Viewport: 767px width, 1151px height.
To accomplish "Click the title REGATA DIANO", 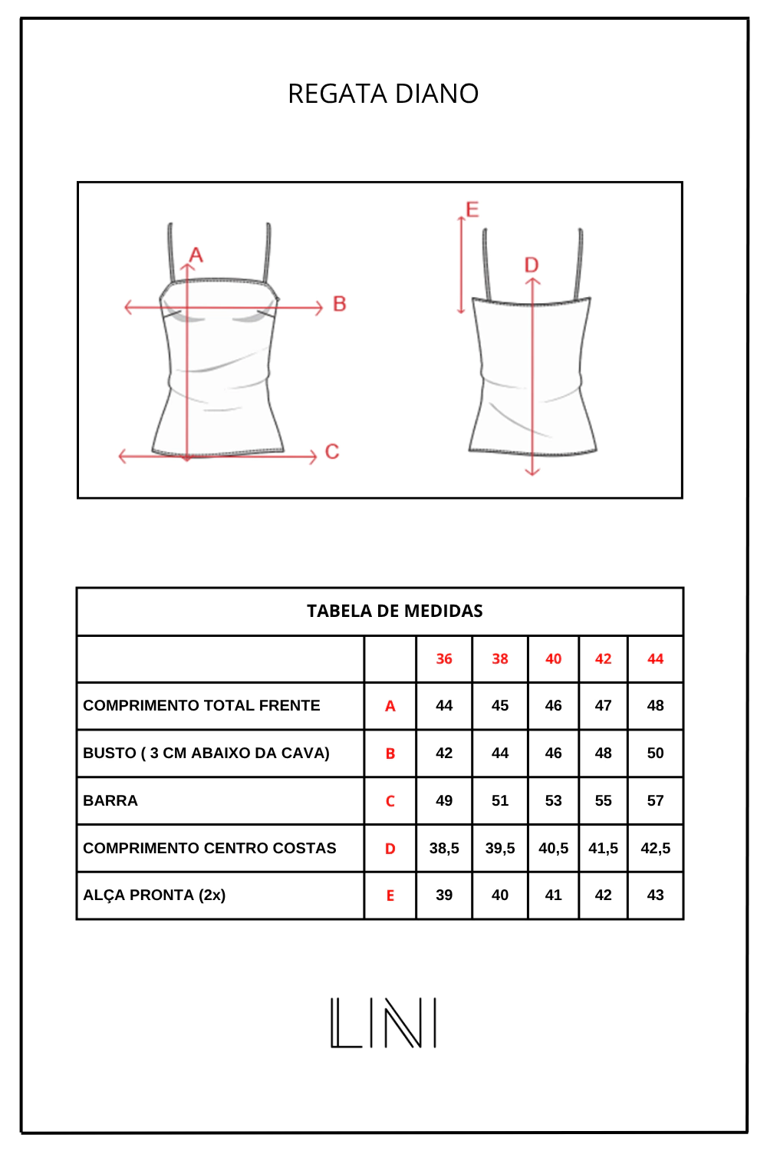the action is (x=383, y=94).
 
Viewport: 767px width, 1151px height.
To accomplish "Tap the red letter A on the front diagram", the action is (x=196, y=255).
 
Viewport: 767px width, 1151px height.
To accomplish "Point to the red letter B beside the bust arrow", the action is (x=340, y=304).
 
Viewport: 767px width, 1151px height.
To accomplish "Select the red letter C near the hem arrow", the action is (x=332, y=452).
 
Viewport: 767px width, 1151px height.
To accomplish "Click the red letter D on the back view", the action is (x=532, y=265).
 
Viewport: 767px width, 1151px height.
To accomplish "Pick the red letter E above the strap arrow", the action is (x=472, y=209).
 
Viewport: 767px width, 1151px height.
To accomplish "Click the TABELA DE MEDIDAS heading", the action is (x=394, y=611).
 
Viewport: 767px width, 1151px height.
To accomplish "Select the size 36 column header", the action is (x=444, y=658).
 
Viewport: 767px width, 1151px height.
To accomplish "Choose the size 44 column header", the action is (x=656, y=658).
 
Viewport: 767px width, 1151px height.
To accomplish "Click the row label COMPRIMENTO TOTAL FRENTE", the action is (x=202, y=705).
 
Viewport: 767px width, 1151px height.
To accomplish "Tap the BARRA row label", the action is (x=110, y=800).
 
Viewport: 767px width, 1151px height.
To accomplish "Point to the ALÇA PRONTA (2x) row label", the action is (x=154, y=895).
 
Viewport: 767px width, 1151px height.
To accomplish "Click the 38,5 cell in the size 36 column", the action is (x=444, y=848).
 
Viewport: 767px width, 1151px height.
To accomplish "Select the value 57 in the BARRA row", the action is (x=656, y=800).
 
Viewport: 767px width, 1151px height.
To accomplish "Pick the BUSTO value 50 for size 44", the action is (x=656, y=754).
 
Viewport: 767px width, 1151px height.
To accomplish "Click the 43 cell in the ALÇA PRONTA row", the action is (x=656, y=895).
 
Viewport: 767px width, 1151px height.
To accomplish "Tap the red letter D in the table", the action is (x=390, y=849).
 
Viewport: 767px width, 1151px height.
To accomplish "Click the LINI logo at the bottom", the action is (x=383, y=1023).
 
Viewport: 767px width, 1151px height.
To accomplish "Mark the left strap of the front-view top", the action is (x=172, y=252).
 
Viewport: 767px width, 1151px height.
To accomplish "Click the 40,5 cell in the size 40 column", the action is (x=553, y=848).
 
